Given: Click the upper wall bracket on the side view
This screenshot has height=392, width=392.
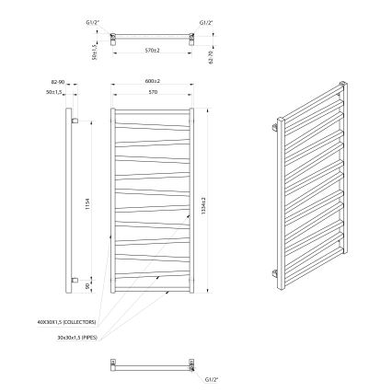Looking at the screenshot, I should click(77, 121).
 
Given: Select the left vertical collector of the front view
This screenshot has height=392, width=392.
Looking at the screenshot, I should click(113, 202).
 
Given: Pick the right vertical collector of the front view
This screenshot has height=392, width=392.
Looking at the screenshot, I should click(192, 202).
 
